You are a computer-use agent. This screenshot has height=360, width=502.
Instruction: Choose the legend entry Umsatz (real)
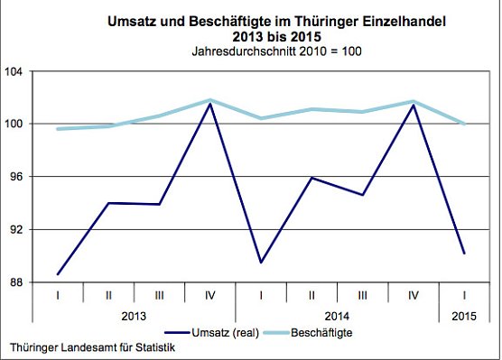(x=222, y=333)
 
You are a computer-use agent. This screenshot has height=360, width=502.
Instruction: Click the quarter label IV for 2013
(x=209, y=295)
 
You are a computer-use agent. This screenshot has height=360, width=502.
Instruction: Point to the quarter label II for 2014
(x=311, y=295)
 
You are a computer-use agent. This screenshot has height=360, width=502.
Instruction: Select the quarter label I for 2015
(x=464, y=295)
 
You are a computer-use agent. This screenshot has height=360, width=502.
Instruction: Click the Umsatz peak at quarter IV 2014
(x=413, y=106)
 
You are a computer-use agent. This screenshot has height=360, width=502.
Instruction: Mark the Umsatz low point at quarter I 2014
(x=260, y=263)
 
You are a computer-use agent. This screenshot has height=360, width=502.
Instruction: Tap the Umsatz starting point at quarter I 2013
(x=57, y=274)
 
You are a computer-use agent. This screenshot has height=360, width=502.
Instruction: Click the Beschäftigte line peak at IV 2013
(x=209, y=100)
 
